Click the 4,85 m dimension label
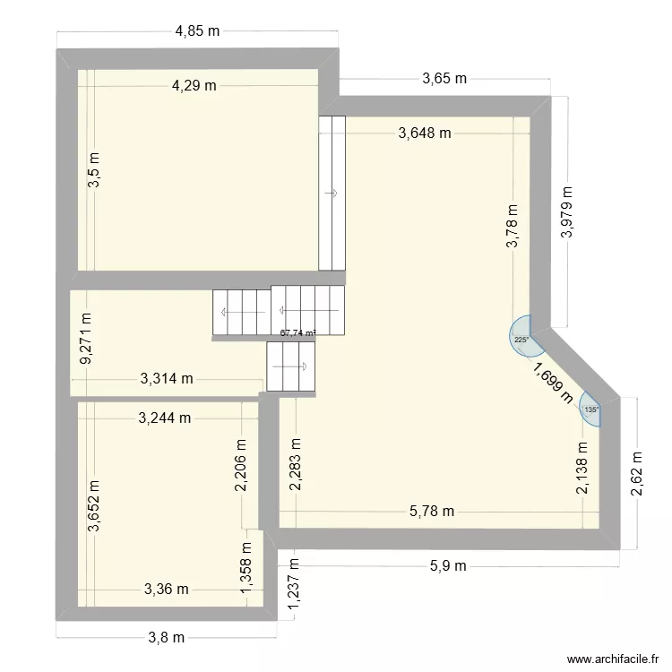click(x=197, y=30)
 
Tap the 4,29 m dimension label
click(x=195, y=86)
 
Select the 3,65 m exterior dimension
click(x=444, y=79)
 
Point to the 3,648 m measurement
click(x=425, y=134)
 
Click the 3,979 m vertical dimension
click(x=566, y=212)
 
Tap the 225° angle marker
click(x=521, y=339)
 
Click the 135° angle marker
click(x=591, y=409)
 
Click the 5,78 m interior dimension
click(x=432, y=512)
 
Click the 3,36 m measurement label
click(x=167, y=589)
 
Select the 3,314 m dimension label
click(x=167, y=379)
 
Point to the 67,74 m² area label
click(x=298, y=332)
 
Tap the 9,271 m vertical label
click(x=86, y=338)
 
